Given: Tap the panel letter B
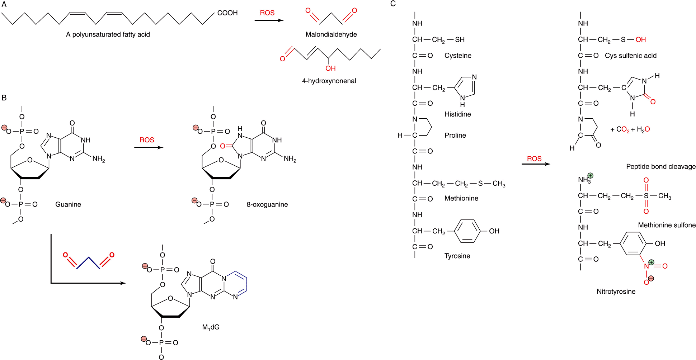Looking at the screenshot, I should click(x=4, y=98).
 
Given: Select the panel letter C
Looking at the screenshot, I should click(x=393, y=4).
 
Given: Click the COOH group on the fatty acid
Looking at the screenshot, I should click(x=227, y=13).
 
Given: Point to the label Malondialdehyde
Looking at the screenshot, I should click(x=331, y=34).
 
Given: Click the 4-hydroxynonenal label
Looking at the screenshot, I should click(x=329, y=81).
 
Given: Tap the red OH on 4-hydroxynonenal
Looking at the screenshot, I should click(x=330, y=68).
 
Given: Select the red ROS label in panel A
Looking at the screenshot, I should click(x=267, y=13).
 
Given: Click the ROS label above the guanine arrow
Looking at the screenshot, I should click(x=147, y=140).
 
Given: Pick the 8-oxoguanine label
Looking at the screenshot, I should click(x=267, y=204).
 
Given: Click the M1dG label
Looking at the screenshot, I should click(x=211, y=327).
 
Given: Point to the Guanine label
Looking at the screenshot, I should click(x=68, y=204).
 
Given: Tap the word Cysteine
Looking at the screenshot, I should click(x=458, y=56).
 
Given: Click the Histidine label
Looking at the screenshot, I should click(x=457, y=114).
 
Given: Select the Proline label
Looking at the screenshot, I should click(x=455, y=135).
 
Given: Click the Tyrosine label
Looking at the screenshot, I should click(x=457, y=256).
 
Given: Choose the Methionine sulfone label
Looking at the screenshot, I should click(x=667, y=225).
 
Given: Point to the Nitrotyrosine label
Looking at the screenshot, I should click(x=616, y=292).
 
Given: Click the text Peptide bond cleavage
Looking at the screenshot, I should click(x=661, y=166).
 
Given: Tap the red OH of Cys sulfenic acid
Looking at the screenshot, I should click(x=640, y=39).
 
